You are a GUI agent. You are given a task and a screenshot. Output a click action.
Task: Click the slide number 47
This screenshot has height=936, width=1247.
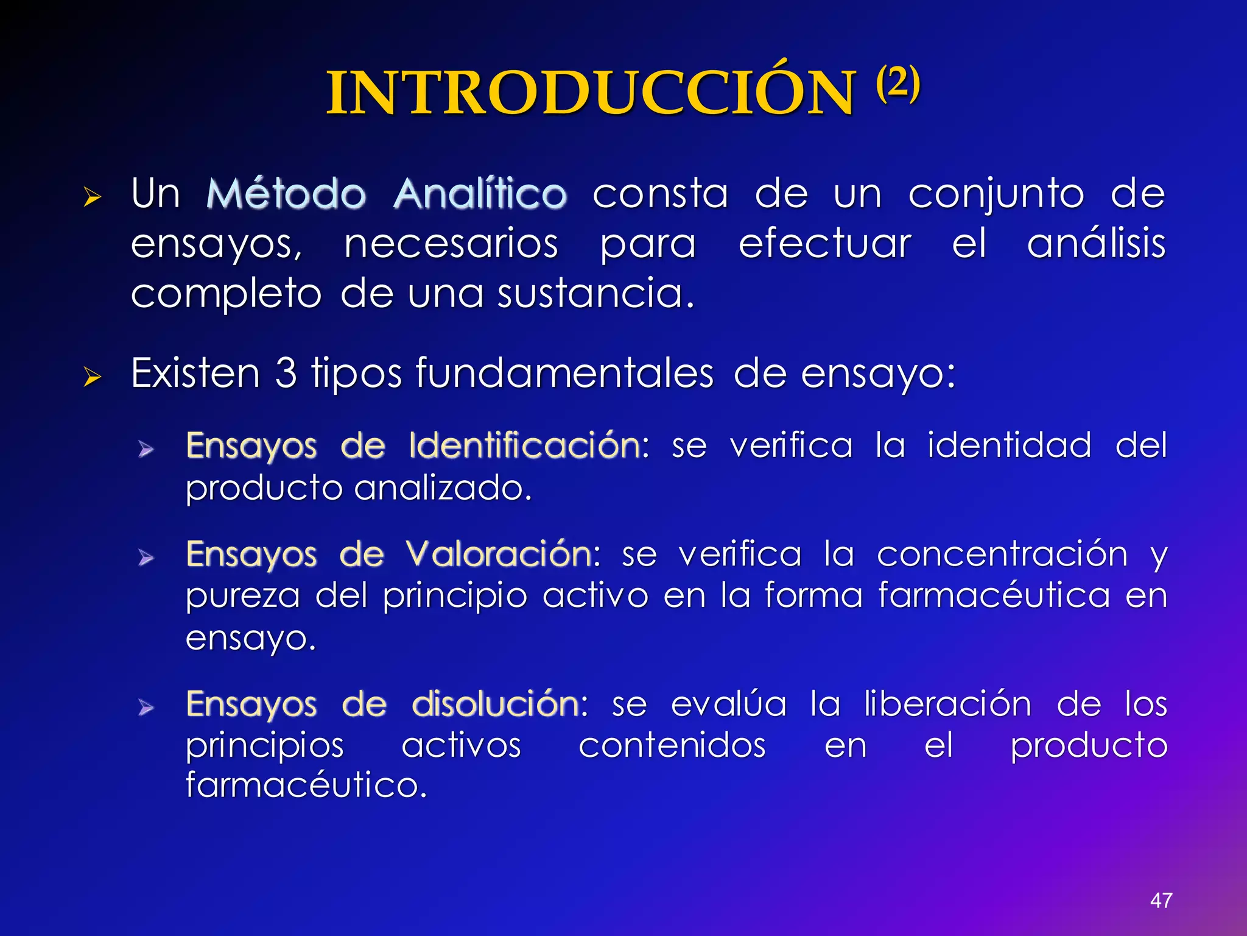(1161, 900)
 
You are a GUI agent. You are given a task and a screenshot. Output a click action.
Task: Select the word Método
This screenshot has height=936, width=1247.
(286, 194)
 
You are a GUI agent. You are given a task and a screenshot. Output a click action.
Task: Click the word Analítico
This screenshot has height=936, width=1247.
(480, 194)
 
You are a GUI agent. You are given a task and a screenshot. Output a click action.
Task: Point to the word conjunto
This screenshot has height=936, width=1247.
(996, 194)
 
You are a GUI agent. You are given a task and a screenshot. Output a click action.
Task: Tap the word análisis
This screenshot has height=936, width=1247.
(1096, 244)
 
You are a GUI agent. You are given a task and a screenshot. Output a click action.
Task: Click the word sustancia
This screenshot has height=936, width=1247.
(595, 294)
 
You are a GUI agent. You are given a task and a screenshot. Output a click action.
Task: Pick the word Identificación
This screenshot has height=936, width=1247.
(525, 445)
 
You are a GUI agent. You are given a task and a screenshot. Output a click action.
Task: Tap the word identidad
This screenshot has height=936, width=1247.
(1009, 445)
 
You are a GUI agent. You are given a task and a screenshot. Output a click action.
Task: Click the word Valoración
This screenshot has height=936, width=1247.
(499, 554)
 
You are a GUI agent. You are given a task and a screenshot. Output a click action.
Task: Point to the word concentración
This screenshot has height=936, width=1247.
(1002, 554)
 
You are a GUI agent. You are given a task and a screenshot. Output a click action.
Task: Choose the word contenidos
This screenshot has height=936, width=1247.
(672, 745)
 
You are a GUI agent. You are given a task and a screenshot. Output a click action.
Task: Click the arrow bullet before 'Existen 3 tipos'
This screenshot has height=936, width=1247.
(92, 377)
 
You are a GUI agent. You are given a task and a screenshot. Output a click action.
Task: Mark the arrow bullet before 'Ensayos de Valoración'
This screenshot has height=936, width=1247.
(146, 558)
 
